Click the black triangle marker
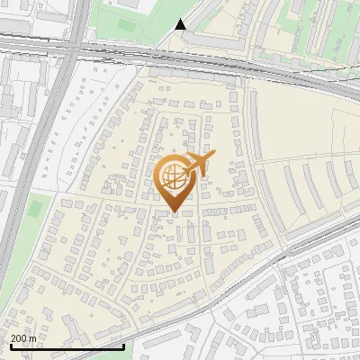pyautogui.click(x=181, y=24)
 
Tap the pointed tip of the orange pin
pyautogui.click(x=175, y=211)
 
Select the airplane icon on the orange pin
pyautogui.click(x=197, y=165)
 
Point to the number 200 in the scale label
pyautogui.click(x=19, y=338)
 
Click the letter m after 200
pyautogui.click(x=33, y=338)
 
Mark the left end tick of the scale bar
pyautogui.click(x=11, y=346)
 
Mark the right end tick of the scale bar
pyautogui.click(x=123, y=346)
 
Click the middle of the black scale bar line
pyautogui.click(x=67, y=346)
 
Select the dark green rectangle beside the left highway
pyautogui.click(x=35, y=210)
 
